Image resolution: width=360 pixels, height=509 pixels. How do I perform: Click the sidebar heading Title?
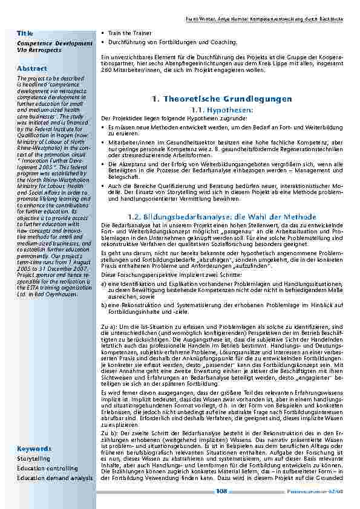[x=25, y=33]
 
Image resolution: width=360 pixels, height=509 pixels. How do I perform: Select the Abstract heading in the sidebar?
[x=32, y=69]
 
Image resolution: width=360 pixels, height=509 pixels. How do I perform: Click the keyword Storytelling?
[x=34, y=459]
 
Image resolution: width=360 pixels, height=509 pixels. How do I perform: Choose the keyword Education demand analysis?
[x=55, y=478]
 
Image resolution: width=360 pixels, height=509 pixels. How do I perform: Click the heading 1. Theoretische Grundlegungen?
[x=222, y=99]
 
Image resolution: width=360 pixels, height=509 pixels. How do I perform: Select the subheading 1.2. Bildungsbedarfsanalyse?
[x=221, y=216]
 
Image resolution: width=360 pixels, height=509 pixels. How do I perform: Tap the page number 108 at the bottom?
[x=221, y=491]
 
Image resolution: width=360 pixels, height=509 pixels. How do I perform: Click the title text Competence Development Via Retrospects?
[x=55, y=47]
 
